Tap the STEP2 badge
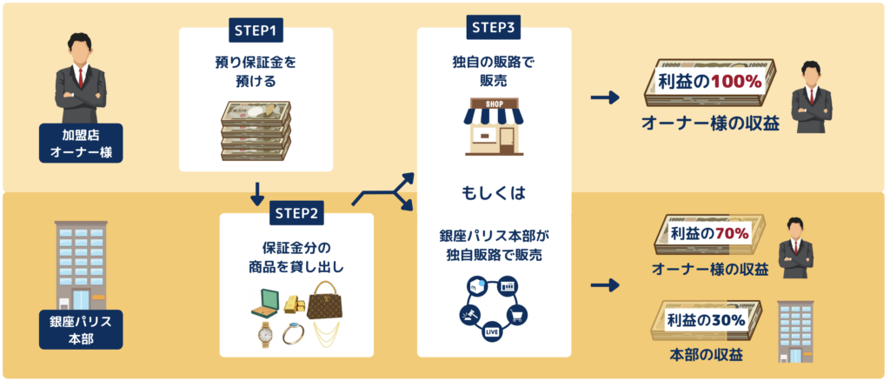pyautogui.click(x=298, y=214)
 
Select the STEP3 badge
pyautogui.click(x=494, y=28)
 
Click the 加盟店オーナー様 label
pyautogui.click(x=80, y=144)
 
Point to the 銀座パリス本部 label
pyautogui.click(x=80, y=330)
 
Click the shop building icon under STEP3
pyautogui.click(x=493, y=127)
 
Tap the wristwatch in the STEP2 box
pyautogui.click(x=266, y=334)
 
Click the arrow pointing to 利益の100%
pyautogui.click(x=605, y=97)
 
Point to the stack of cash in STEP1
pyautogui.click(x=256, y=128)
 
